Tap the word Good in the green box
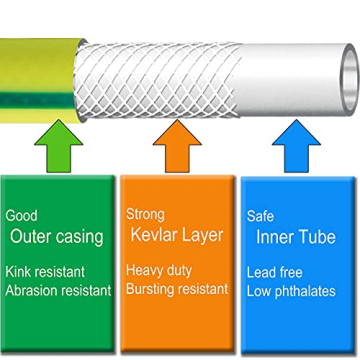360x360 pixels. pyautogui.click(x=22, y=215)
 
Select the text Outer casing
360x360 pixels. pyautogui.click(x=56, y=237)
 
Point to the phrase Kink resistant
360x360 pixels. pyautogui.click(x=45, y=271)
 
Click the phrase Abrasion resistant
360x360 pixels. pyautogui.click(x=58, y=289)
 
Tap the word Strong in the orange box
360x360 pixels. pyautogui.click(x=146, y=215)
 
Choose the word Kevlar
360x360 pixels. pyautogui.click(x=153, y=237)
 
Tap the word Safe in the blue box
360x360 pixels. pyautogui.click(x=261, y=215)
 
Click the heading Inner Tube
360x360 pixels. pyautogui.click(x=295, y=237)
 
